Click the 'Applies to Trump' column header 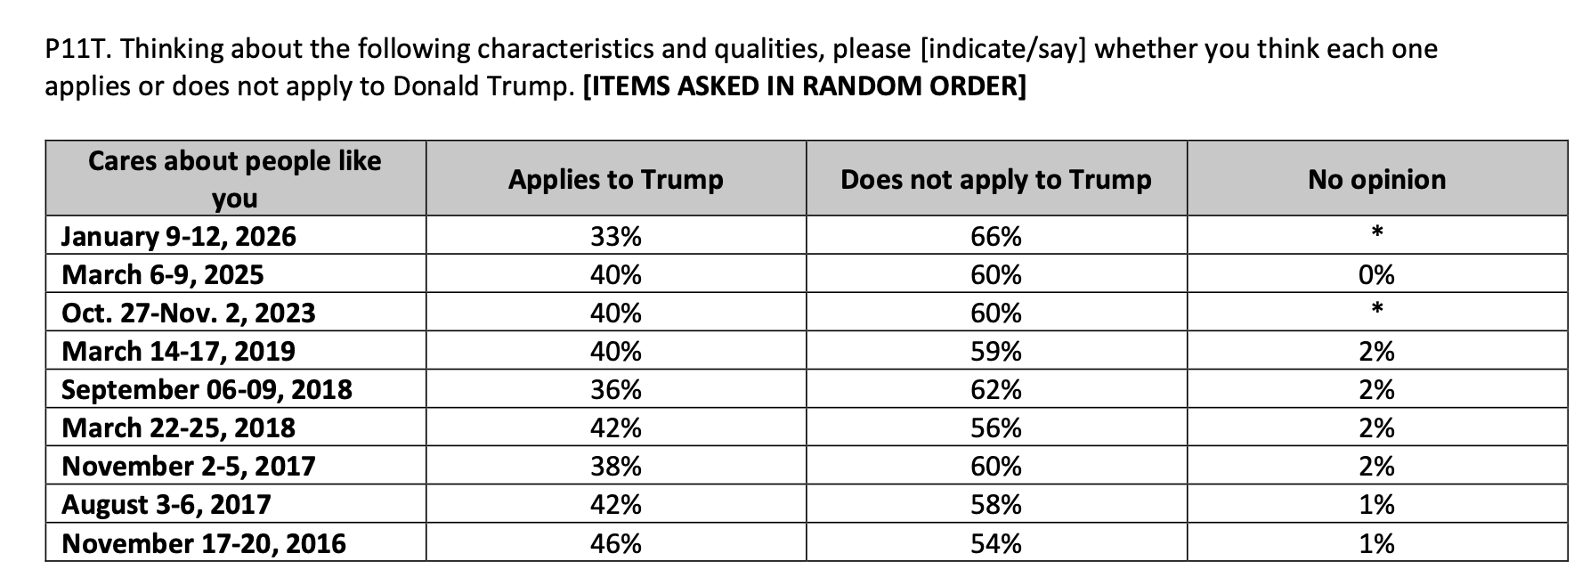click(x=615, y=179)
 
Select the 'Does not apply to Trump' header click(x=995, y=179)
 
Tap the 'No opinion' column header click(x=1376, y=179)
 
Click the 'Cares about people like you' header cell click(x=235, y=178)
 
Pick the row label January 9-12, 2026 click(x=179, y=236)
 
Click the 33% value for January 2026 click(x=615, y=236)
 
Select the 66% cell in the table click(x=995, y=236)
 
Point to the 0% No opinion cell click(x=1376, y=274)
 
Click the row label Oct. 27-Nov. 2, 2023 click(x=189, y=313)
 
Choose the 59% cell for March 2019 click(x=995, y=351)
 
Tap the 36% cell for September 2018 click(x=615, y=389)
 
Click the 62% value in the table click(x=995, y=389)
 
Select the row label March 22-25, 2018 click(x=178, y=427)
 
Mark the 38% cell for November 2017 click(x=615, y=466)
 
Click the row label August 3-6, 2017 click(x=166, y=504)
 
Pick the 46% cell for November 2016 click(x=615, y=542)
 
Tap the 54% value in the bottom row click(x=995, y=542)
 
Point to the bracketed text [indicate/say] click(x=1002, y=49)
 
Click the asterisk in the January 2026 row click(x=1376, y=233)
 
